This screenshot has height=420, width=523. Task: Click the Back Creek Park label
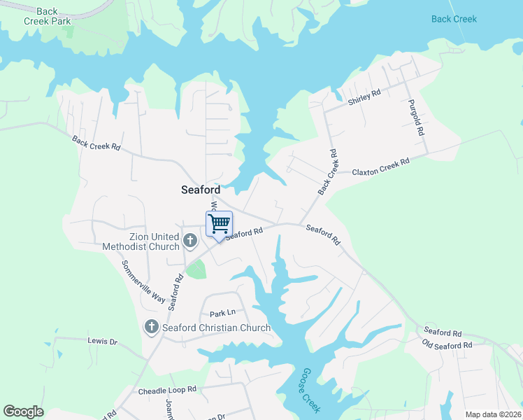pyautogui.click(x=48, y=16)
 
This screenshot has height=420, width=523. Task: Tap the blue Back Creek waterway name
pyautogui.click(x=454, y=19)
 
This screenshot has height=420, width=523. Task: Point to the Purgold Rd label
pyautogui.click(x=417, y=117)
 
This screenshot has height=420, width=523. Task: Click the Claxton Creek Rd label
pyautogui.click(x=380, y=167)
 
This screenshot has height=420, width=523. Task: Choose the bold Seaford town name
pyautogui.click(x=201, y=190)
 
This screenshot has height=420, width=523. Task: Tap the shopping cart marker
pyautogui.click(x=220, y=225)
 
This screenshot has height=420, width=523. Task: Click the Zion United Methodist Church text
pyautogui.click(x=141, y=241)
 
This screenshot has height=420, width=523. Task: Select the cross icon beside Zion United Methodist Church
pyautogui.click(x=189, y=242)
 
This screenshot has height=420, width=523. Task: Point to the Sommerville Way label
pyautogui.click(x=143, y=282)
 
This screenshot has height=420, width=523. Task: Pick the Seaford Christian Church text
pyautogui.click(x=216, y=328)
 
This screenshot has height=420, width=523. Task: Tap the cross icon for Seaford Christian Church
pyautogui.click(x=151, y=327)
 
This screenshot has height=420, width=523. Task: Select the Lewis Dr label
pyautogui.click(x=103, y=342)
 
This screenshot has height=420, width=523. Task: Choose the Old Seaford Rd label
pyautogui.click(x=447, y=345)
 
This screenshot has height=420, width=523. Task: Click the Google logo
pyautogui.click(x=23, y=412)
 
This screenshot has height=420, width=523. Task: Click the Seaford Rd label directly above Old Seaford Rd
pyautogui.click(x=442, y=332)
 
